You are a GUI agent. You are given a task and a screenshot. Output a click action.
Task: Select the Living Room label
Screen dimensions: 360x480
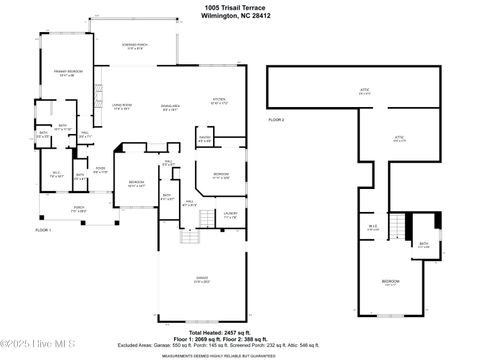[122, 106]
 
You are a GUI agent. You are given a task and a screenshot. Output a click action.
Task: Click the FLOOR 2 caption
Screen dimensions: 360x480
[277, 119]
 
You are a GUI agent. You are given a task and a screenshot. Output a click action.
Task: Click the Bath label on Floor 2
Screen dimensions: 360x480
[424, 243]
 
